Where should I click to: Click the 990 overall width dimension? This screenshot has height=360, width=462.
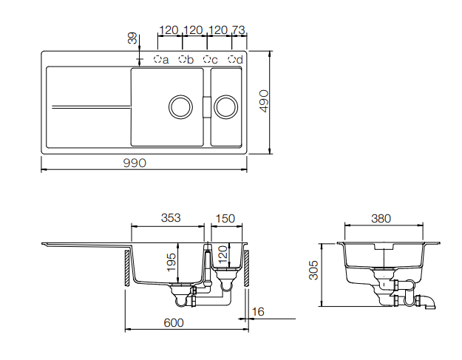135,163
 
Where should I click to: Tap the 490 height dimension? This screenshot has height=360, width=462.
264,101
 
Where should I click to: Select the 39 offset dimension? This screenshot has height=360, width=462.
132,38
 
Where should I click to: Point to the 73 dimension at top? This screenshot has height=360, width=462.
238,30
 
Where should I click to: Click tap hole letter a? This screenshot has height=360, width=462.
166,61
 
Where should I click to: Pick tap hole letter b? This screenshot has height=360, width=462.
190,60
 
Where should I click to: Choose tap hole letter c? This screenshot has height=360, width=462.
214,61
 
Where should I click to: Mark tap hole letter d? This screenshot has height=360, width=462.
240,60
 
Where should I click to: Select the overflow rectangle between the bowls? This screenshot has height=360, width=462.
207,107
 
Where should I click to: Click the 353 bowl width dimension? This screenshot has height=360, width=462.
171,218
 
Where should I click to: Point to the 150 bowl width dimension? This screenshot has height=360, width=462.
225,218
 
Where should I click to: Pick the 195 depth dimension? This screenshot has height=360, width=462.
171,262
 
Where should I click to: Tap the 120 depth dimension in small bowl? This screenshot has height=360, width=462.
223,254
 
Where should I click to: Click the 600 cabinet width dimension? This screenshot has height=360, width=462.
174,323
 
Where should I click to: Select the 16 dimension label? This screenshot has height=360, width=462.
258,312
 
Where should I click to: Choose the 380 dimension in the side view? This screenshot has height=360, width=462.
381,219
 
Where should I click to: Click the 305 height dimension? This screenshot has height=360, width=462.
313,270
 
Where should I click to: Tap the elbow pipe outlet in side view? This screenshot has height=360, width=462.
430,302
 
